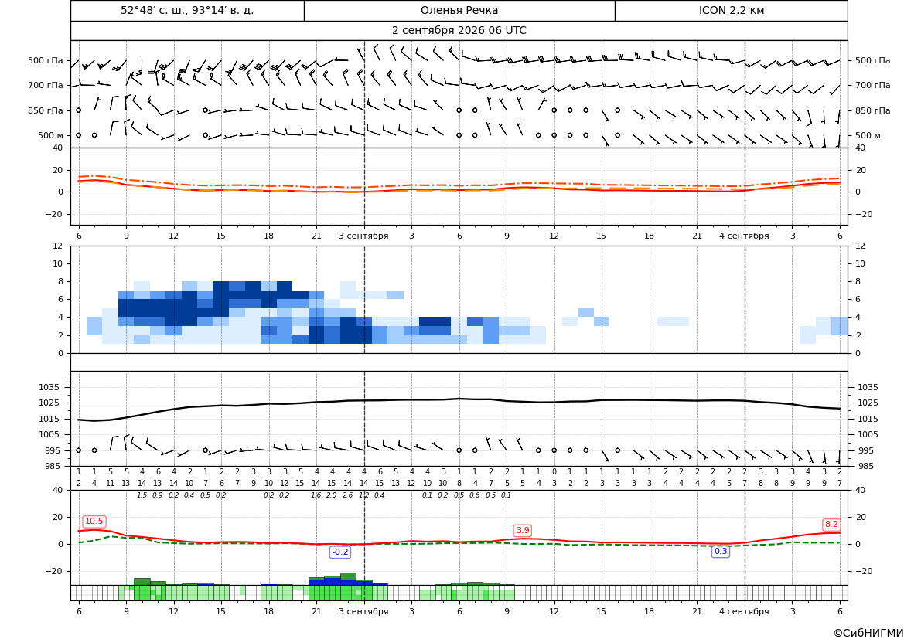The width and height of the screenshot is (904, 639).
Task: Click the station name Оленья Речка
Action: [x=459, y=10]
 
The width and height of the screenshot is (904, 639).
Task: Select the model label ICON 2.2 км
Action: [x=731, y=10]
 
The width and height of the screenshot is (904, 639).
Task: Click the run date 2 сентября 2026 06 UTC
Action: [x=459, y=31]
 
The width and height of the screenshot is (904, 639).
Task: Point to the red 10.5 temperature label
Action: [x=94, y=522]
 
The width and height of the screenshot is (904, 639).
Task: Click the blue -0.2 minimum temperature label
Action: [x=340, y=552]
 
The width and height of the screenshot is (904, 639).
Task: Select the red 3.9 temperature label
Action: [x=523, y=530]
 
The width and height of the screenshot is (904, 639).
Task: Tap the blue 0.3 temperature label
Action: [x=721, y=552]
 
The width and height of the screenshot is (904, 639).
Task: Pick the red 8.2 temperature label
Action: [x=831, y=525]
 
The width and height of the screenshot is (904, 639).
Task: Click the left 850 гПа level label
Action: [x=45, y=110]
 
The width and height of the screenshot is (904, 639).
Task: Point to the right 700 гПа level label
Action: [x=873, y=85]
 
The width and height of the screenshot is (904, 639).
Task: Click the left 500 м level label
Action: [x=50, y=135]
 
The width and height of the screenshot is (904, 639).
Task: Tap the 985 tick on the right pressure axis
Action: [x=868, y=466]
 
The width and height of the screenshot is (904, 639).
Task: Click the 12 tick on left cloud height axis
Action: [x=58, y=246]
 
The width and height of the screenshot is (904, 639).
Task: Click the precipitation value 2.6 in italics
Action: [x=348, y=495]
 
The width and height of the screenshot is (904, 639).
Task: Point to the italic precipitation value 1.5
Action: [x=142, y=495]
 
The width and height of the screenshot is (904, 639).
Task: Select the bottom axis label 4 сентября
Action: [x=744, y=611]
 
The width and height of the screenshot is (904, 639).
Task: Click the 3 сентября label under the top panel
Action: [x=363, y=236]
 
